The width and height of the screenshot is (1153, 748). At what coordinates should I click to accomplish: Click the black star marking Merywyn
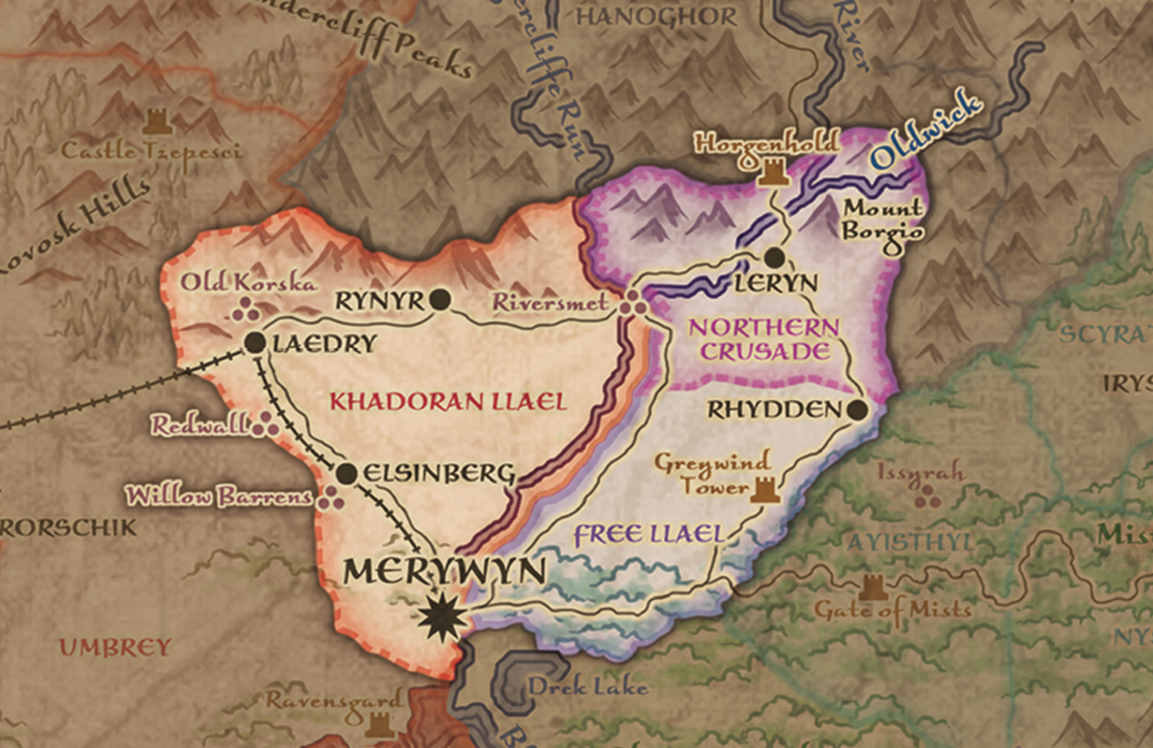pos(443,618)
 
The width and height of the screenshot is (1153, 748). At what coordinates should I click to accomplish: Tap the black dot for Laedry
pos(255,343)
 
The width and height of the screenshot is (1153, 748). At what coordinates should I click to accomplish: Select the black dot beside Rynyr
pos(440,301)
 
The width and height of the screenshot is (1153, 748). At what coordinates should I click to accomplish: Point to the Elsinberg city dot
pos(346,473)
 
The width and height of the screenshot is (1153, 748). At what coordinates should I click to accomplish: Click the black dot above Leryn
pos(774,258)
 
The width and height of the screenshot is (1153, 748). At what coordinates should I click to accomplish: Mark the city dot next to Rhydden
pos(858,409)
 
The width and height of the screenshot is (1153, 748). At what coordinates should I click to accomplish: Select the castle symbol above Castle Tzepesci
pos(154,122)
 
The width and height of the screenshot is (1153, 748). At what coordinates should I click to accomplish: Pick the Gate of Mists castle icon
pos(873,587)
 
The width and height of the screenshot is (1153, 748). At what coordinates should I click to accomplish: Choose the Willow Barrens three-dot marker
pos(330,498)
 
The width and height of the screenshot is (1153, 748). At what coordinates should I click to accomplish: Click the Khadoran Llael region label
pos(448,401)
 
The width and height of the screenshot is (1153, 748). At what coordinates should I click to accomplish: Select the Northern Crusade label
pos(765,340)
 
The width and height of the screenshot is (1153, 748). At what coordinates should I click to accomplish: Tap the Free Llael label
pos(648,534)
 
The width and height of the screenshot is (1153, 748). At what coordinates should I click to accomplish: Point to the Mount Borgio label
pos(882,220)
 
